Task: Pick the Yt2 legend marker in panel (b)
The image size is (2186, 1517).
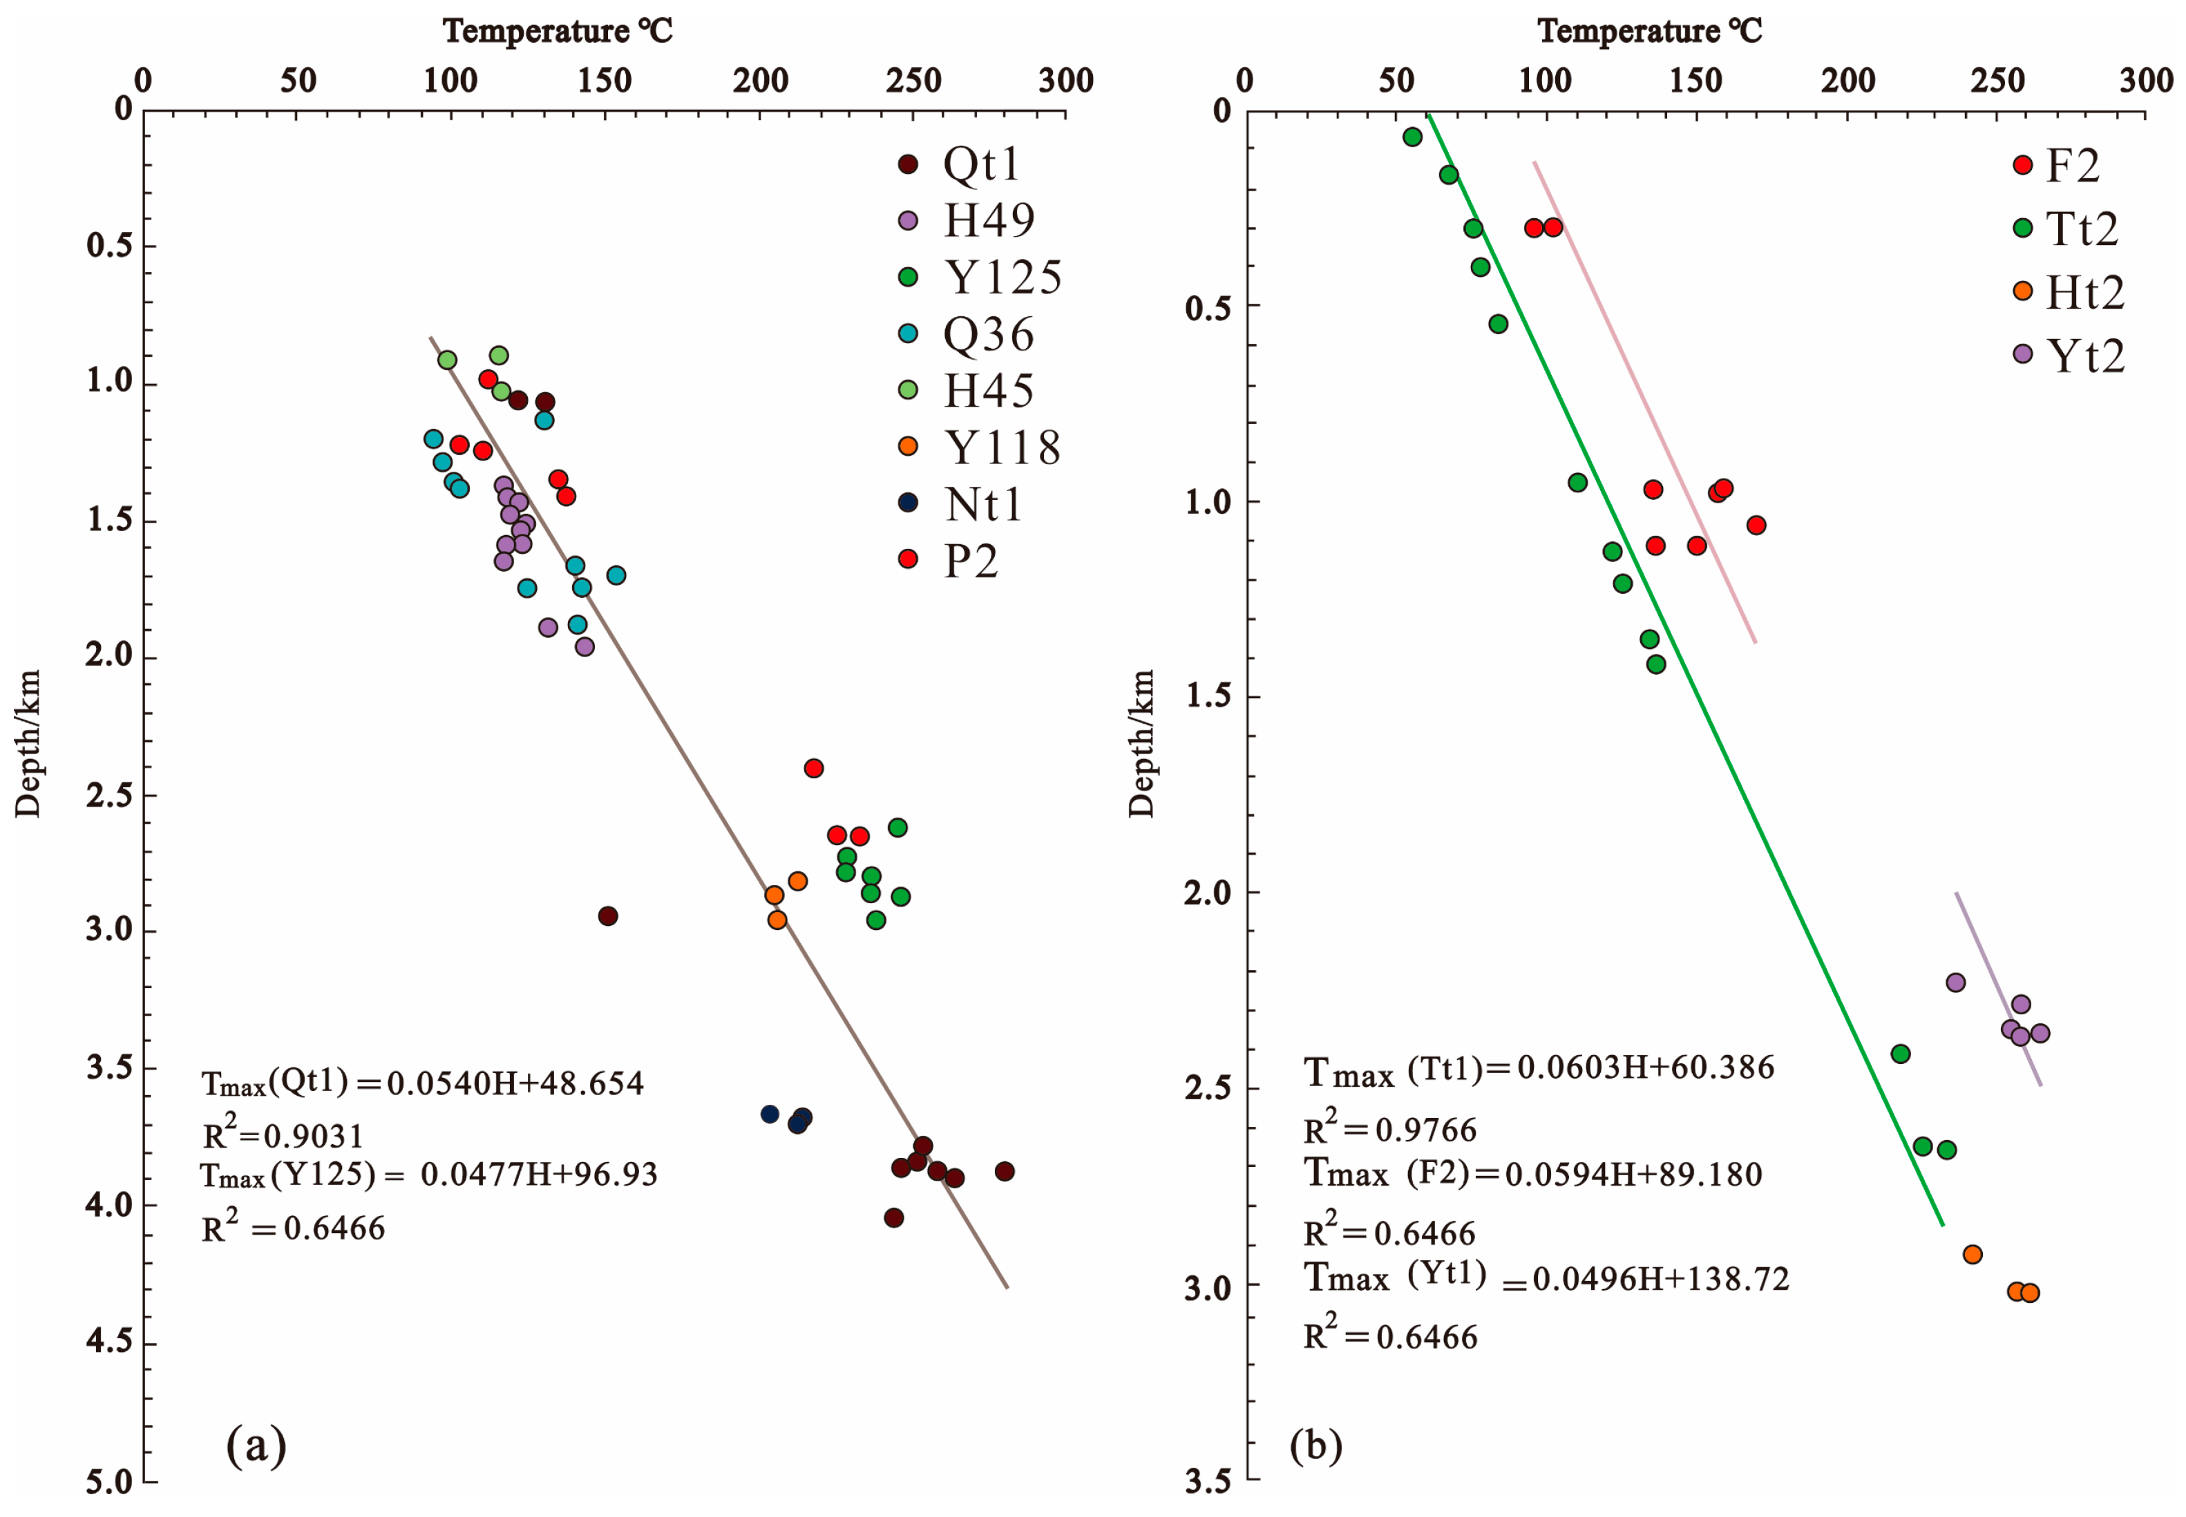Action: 2022,354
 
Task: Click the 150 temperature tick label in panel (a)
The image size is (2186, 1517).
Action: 605,81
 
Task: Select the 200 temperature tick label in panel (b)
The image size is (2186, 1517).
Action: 1847,81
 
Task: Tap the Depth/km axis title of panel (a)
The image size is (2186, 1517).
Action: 28,743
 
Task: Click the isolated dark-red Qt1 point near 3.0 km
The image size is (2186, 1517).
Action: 607,916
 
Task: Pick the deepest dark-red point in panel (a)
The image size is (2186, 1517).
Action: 893,1217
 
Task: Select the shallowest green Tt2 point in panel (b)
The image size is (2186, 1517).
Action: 1412,137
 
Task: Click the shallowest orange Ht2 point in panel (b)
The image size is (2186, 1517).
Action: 1972,1254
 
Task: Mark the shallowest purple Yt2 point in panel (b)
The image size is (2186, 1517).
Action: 1955,982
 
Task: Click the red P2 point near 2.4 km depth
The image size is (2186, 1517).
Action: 813,768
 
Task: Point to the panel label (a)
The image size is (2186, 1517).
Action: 256,1446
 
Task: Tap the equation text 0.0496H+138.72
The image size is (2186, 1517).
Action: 1660,1279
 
